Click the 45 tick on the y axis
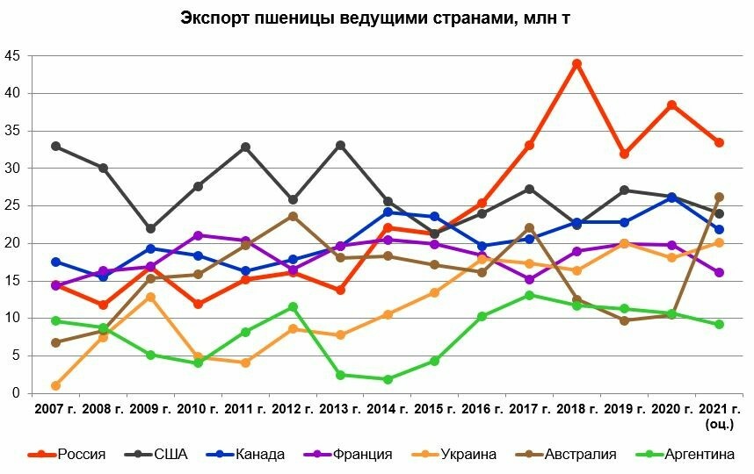(12, 55)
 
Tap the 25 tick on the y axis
(12, 205)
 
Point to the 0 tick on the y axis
(16, 393)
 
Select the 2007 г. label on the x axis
(55, 409)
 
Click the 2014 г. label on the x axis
(388, 409)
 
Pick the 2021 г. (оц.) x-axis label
(719, 415)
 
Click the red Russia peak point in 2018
(576, 63)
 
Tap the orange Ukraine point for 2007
(56, 385)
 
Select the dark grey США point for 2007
(56, 146)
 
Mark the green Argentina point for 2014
(388, 379)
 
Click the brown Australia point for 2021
(719, 197)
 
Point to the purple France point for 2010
(198, 235)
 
